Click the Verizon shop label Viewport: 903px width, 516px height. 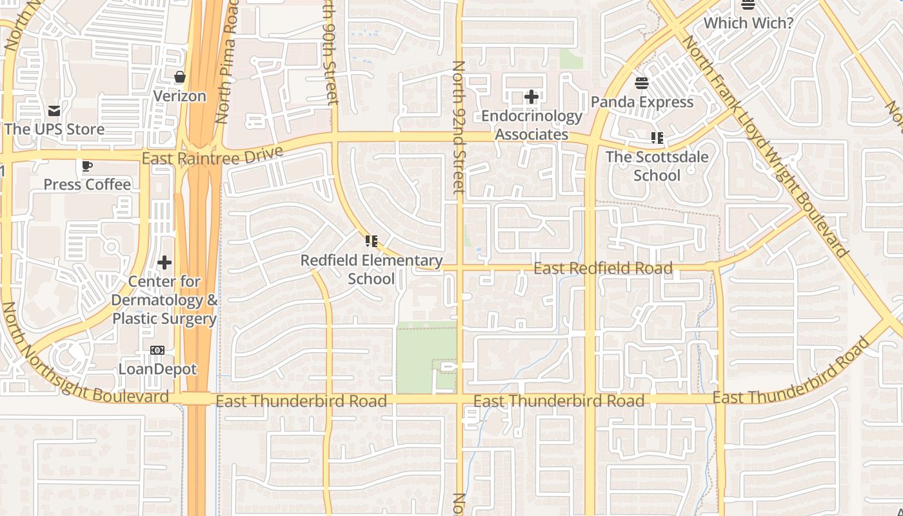tap(179, 96)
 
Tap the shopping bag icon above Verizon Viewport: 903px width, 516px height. tap(180, 77)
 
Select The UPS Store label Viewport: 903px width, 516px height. tap(54, 129)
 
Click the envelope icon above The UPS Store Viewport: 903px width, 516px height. tap(54, 111)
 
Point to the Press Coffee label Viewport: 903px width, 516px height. tap(87, 184)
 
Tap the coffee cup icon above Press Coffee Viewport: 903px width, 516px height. tap(87, 166)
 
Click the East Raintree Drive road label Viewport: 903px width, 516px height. tap(212, 156)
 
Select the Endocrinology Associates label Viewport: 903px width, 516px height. tap(531, 125)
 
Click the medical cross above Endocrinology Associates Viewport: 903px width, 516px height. tap(531, 97)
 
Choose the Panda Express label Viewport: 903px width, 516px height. tap(642, 102)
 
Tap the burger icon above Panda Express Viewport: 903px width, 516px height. tap(642, 83)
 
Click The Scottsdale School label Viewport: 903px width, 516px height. tap(657, 166)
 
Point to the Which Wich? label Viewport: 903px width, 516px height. tap(748, 23)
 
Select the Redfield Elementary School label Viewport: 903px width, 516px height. tap(372, 270)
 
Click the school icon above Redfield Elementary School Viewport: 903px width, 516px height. tap(371, 241)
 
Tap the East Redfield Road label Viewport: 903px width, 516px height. tap(603, 268)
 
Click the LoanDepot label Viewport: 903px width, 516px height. tap(157, 369)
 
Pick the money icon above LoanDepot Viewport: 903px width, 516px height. tap(157, 350)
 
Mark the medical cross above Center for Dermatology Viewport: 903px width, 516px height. tap(164, 263)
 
